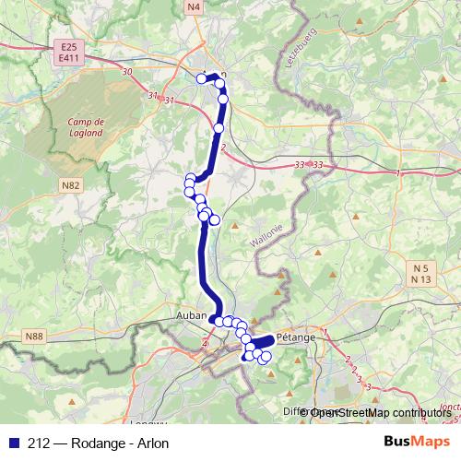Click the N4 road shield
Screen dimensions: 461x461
coord(193,6)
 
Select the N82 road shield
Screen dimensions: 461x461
coord(68,185)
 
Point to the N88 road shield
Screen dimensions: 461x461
coord(33,337)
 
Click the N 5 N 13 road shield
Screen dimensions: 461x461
coord(422,273)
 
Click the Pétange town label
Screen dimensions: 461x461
coord(295,337)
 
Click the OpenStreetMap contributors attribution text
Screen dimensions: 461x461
coord(380,413)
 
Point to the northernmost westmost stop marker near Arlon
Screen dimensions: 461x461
coord(202,78)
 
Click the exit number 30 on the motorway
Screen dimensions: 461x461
coord(126,72)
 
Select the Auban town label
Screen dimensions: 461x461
coord(190,315)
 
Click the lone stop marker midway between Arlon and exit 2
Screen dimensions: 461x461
coord(219,128)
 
